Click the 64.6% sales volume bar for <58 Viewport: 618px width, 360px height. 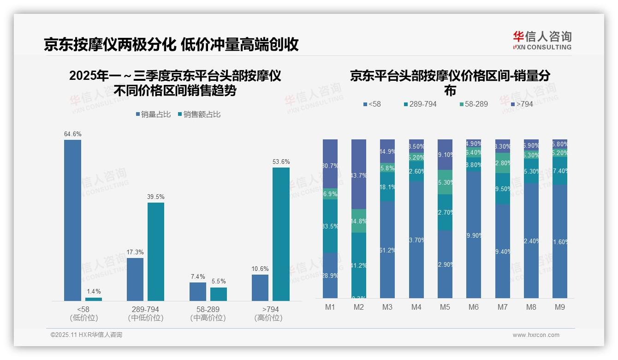72,221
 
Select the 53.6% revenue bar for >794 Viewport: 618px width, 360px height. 281,234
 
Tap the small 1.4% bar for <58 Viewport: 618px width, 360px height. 94,299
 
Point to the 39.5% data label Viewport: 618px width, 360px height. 156,197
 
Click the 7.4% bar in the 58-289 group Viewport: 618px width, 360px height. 197,292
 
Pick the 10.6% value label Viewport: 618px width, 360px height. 260,269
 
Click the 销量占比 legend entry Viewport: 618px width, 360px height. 153,114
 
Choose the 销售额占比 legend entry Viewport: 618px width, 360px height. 199,114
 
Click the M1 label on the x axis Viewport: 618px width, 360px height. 330,307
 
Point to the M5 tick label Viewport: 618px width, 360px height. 445,307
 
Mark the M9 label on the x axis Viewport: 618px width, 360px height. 560,307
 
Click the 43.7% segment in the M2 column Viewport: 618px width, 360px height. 359,174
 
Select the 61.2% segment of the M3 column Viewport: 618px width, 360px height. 387,250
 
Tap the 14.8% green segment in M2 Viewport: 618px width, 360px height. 359,221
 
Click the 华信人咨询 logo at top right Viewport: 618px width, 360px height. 542,40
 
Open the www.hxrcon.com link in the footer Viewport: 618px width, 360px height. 536,335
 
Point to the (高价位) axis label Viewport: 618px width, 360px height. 268,318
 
